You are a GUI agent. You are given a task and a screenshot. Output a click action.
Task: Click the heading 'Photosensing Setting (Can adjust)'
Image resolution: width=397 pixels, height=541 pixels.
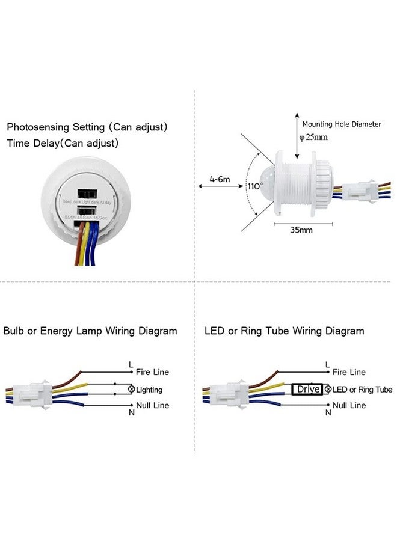point(87,127)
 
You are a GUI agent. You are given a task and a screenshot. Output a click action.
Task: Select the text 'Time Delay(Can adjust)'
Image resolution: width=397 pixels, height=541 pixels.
point(63,144)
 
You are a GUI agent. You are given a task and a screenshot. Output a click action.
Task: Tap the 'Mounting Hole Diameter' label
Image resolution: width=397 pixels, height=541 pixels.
point(341,124)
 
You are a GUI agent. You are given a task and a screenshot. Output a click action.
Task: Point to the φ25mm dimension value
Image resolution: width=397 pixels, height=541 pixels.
point(313,137)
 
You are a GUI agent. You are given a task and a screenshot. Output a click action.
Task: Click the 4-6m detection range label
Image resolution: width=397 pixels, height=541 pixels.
point(220,179)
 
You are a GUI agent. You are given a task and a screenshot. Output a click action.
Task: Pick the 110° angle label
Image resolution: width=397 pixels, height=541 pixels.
point(255,186)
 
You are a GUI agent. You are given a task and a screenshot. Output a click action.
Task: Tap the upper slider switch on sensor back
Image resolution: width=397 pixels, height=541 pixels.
point(88,194)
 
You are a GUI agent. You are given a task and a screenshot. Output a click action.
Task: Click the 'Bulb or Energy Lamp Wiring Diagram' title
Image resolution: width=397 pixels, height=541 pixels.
point(90,331)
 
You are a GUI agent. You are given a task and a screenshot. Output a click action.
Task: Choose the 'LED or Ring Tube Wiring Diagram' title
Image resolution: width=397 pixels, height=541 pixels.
point(284,331)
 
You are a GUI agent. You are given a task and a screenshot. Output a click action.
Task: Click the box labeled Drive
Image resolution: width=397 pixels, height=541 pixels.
point(307,390)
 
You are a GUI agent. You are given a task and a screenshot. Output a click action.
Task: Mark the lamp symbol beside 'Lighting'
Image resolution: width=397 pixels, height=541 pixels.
point(132,390)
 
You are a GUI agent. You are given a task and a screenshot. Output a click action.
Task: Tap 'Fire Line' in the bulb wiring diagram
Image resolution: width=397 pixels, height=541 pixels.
point(152,373)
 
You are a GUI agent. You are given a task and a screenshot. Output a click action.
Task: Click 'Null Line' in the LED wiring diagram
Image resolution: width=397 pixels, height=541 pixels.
point(349,406)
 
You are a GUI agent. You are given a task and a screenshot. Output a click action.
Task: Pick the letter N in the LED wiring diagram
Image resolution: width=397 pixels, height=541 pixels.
point(328,413)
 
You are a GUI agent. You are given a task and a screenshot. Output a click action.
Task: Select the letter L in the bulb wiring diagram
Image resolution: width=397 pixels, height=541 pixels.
point(131,364)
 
